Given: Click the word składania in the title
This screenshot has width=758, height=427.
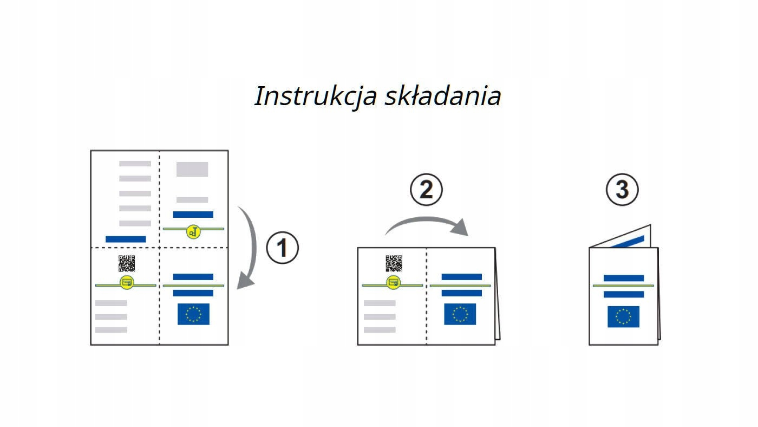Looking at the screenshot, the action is (443, 96).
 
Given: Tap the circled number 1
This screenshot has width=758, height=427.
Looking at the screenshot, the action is (282, 248).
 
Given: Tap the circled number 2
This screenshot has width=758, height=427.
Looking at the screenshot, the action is (426, 189).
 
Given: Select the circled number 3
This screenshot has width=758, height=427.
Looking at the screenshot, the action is (622, 189).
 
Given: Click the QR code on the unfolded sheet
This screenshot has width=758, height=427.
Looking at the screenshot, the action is (127, 263).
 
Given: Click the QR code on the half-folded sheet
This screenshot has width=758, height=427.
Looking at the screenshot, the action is (394, 263).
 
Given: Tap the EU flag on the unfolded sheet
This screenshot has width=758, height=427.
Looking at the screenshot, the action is (193, 314).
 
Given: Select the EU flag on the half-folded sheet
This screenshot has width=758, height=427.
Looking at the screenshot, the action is (460, 314).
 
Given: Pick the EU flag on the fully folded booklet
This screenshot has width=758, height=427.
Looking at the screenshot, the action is (623, 316).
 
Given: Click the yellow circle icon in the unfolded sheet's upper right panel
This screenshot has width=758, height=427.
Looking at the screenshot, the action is (193, 232).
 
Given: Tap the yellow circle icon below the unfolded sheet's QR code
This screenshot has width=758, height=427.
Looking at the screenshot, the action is (127, 282).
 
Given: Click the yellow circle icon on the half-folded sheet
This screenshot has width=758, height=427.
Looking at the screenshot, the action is (394, 282).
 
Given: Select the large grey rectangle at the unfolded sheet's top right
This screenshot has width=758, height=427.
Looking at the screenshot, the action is (192, 169).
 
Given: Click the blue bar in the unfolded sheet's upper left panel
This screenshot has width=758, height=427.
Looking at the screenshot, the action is (126, 239).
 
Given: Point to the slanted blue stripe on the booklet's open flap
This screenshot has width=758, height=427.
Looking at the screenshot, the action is (627, 242).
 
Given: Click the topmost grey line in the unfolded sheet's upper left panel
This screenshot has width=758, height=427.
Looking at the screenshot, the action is (135, 164).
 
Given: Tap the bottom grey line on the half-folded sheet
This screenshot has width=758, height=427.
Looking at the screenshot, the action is (380, 329).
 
